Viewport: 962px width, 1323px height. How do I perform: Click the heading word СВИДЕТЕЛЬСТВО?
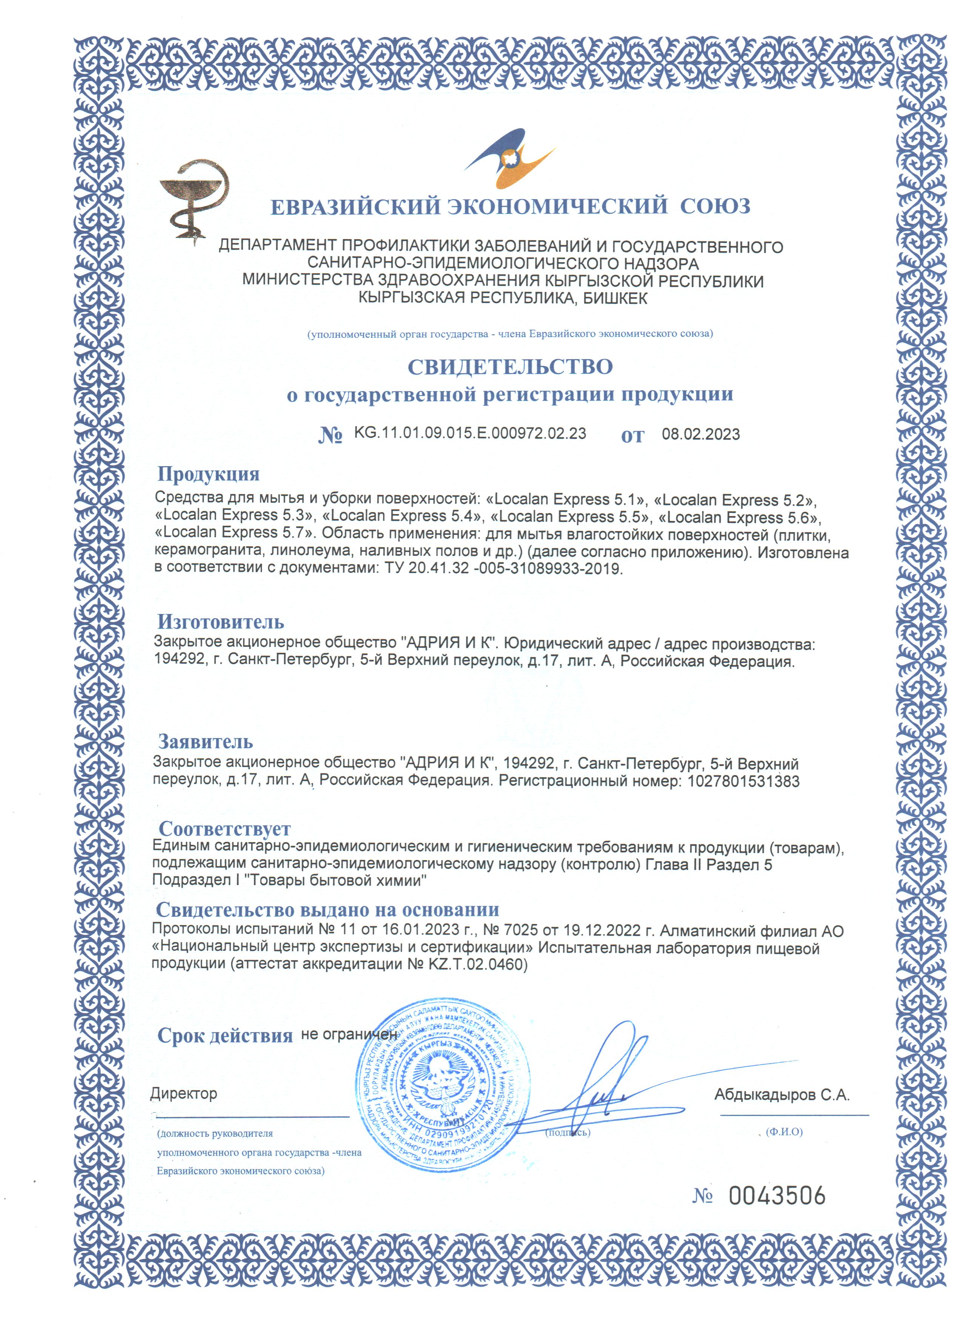510,367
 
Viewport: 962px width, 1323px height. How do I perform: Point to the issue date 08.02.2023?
700,434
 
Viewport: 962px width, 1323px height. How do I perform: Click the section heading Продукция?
208,474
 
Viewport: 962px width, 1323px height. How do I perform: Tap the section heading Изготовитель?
221,622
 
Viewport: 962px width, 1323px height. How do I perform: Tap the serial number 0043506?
777,1196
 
